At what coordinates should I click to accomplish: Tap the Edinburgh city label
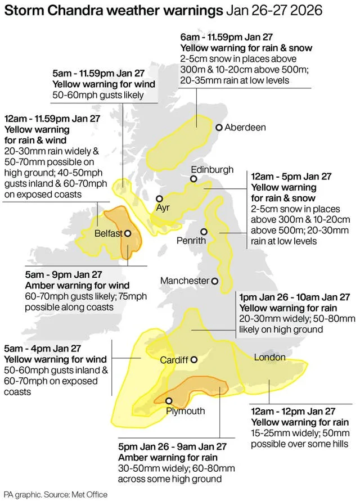(x=212, y=169)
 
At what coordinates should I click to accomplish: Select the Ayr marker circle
(x=159, y=198)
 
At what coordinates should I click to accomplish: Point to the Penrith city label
(x=191, y=241)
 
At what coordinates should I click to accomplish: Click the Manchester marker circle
(x=214, y=281)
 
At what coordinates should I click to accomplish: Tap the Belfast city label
(x=109, y=233)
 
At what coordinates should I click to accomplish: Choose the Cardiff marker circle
(x=194, y=360)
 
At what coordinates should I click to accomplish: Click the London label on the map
(x=270, y=358)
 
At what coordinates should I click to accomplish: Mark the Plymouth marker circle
(x=169, y=400)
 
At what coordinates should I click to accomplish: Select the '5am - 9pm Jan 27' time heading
(x=64, y=274)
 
